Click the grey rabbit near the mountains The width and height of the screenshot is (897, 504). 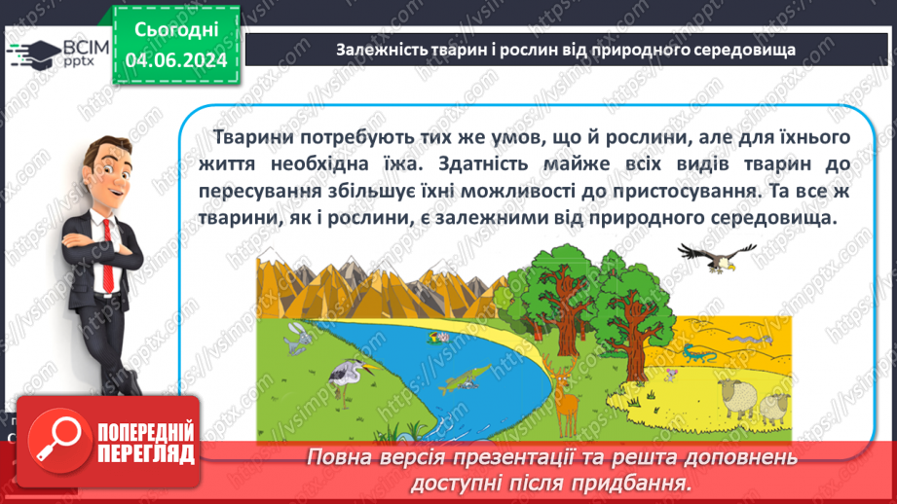(x=295, y=338)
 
